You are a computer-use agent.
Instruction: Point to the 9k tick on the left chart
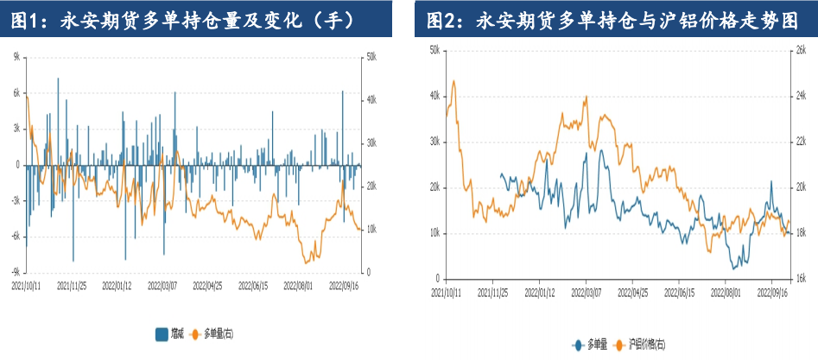click(16, 56)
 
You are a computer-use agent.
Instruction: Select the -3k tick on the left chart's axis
click(15, 200)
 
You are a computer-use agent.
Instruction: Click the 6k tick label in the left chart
click(16, 92)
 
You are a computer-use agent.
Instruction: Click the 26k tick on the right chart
click(800, 50)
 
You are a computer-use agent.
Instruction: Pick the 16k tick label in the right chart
click(800, 278)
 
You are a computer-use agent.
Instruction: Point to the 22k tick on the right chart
click(800, 142)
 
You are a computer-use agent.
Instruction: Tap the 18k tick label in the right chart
click(800, 233)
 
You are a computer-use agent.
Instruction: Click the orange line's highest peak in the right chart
click(454, 81)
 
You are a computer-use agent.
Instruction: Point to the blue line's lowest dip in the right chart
click(734, 268)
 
